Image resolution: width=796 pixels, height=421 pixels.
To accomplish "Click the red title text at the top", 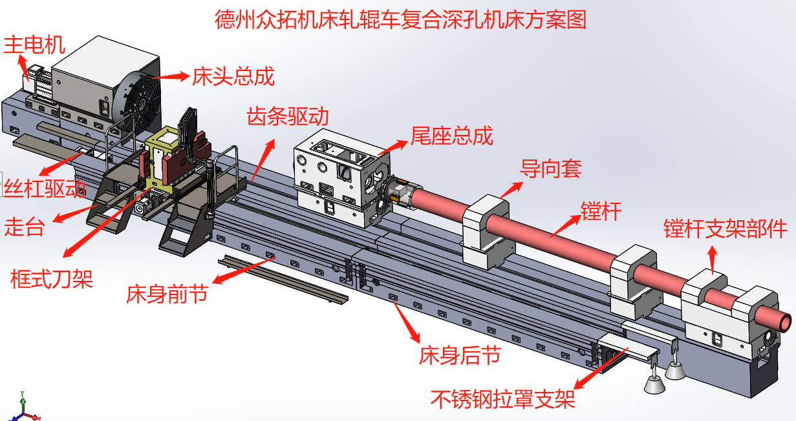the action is click(400, 19).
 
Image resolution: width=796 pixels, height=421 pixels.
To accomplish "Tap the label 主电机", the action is click(34, 45).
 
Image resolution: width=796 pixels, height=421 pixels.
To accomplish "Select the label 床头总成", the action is click(233, 76).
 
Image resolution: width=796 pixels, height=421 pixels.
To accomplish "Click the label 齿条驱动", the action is click(288, 116).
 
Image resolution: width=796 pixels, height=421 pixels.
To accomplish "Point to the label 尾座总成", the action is click(451, 136).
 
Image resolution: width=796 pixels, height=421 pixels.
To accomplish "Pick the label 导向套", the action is click(551, 169).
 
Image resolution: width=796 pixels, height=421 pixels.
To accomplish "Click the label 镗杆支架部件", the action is click(726, 229).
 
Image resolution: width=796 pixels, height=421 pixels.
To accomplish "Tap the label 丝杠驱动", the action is click(45, 188).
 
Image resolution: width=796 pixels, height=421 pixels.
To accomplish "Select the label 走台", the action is click(25, 227).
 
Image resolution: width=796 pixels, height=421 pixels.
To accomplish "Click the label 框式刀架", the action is click(52, 279).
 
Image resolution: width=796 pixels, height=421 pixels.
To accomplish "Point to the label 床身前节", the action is click(167, 294).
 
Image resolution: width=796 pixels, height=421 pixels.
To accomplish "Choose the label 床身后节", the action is click(460, 355).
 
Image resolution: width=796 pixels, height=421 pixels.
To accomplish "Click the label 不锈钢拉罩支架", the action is click(503, 399).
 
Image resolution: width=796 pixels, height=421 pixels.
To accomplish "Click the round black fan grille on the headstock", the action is click(138, 102).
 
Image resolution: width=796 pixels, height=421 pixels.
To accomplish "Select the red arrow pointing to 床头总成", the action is click(171, 76).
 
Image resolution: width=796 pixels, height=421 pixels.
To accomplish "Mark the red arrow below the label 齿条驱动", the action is click(263, 159).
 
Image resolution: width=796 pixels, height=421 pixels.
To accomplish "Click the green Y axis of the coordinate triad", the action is click(23, 402).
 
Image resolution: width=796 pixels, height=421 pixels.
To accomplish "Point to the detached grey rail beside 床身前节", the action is click(283, 280).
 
